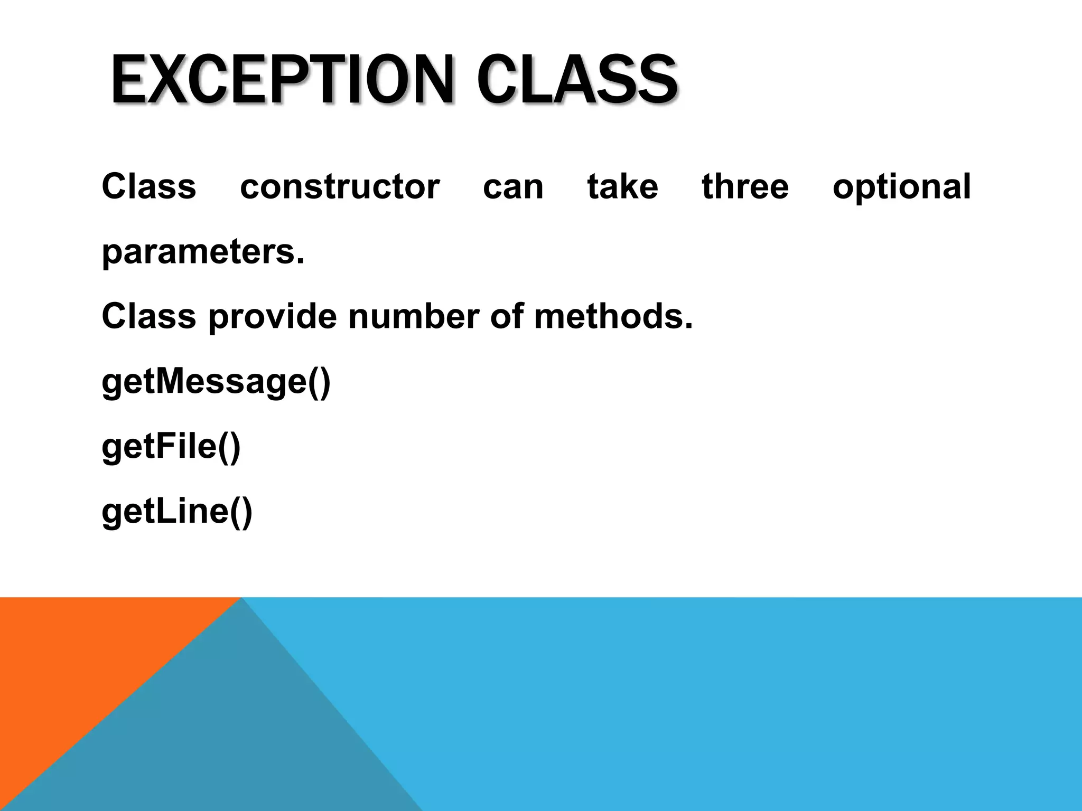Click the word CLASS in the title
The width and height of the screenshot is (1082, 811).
(x=577, y=80)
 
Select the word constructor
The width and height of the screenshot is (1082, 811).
(x=340, y=187)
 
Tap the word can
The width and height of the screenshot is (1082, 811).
(x=513, y=188)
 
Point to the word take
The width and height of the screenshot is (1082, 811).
(x=623, y=187)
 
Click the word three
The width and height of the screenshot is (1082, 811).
(x=745, y=187)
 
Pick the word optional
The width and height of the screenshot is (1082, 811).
(x=901, y=188)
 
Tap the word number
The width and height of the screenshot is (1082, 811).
(x=414, y=317)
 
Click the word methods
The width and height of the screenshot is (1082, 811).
(x=613, y=317)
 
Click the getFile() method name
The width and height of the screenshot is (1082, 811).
(x=171, y=447)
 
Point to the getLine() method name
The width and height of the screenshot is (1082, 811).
(x=177, y=512)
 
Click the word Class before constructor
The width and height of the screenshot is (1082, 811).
(x=148, y=187)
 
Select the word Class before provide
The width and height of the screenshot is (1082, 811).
(x=148, y=317)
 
